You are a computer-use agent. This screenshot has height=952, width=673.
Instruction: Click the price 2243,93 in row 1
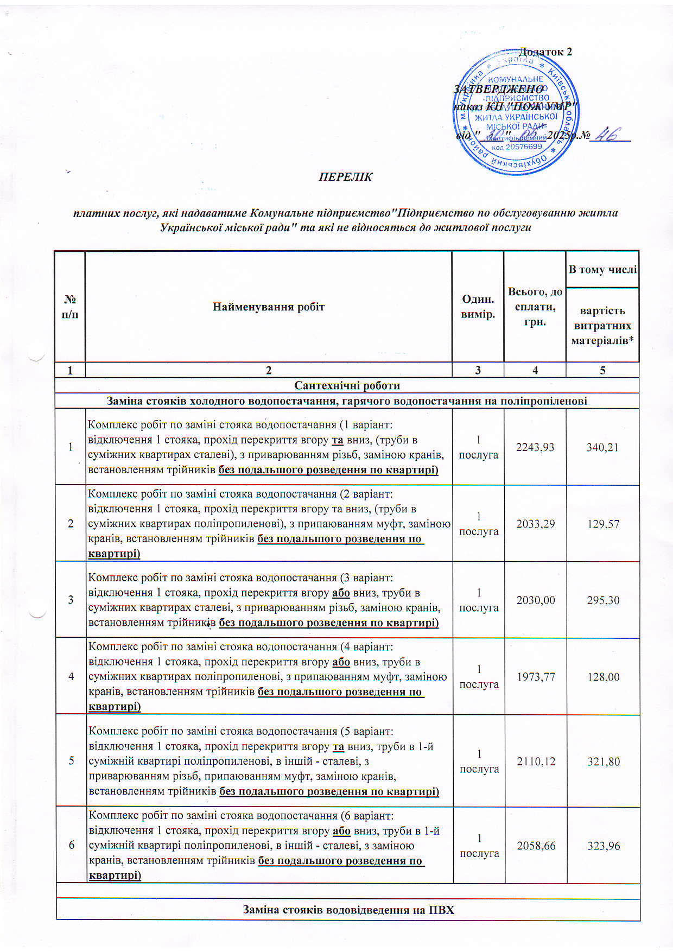point(535,447)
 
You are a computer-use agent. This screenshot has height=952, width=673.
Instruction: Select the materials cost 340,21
point(602,447)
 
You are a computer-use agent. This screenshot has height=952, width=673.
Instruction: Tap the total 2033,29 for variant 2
point(535,524)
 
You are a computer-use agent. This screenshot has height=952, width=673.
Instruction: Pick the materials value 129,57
point(602,524)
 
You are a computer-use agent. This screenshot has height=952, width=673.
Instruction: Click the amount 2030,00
point(535,600)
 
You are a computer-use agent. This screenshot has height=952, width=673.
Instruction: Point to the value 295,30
point(602,600)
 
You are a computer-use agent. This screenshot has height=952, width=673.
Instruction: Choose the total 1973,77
point(535,677)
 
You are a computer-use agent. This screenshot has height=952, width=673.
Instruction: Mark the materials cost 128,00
point(602,677)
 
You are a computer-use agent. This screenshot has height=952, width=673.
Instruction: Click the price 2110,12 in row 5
point(536,761)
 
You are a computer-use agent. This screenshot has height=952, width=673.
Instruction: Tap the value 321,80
point(603,761)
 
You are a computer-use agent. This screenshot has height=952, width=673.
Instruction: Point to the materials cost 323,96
point(603,846)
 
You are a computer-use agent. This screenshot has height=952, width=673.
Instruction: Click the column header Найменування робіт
point(268,307)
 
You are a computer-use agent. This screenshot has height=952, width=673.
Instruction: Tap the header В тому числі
point(602,269)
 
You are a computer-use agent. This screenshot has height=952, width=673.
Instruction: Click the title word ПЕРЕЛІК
point(345,177)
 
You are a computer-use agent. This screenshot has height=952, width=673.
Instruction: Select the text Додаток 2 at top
point(545,52)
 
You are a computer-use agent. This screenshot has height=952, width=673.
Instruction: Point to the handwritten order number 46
point(608,135)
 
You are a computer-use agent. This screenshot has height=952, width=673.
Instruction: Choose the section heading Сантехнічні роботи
point(347,385)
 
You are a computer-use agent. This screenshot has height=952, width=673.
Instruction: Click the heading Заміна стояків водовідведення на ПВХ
point(348,910)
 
